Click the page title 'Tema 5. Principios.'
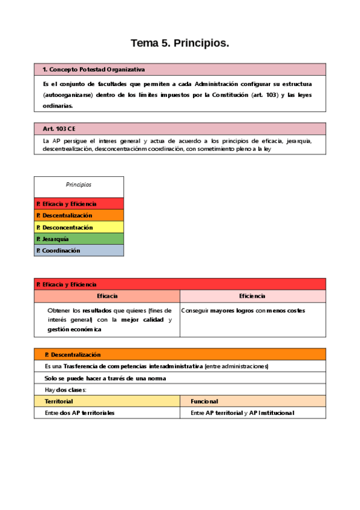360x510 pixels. click(x=180, y=43)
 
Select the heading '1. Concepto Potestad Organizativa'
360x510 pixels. click(x=94, y=70)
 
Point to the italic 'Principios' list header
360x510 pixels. click(x=79, y=185)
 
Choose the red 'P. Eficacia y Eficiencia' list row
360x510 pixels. click(x=79, y=204)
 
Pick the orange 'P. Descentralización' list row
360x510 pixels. click(x=79, y=215)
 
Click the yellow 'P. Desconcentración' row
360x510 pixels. click(x=79, y=227)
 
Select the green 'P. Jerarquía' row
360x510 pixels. click(x=79, y=239)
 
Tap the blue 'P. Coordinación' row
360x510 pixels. click(x=79, y=250)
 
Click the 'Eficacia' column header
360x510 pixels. click(x=107, y=296)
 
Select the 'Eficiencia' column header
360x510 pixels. click(x=252, y=296)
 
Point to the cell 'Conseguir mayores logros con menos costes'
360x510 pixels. click(x=243, y=311)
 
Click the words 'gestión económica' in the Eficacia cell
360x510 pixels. click(x=75, y=329)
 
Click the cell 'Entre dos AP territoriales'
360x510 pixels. click(x=79, y=413)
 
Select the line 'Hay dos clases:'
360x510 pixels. click(x=66, y=390)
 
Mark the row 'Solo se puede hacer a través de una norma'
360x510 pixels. click(x=105, y=378)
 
